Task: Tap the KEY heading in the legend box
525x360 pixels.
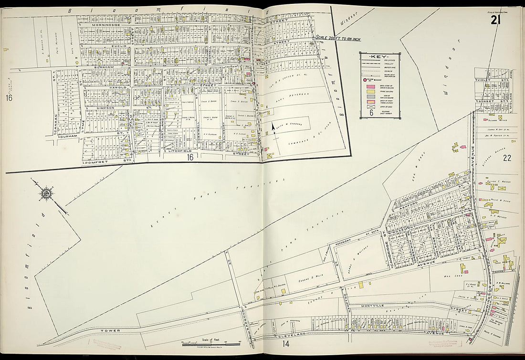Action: point(380,56)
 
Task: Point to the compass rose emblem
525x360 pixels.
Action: point(47,194)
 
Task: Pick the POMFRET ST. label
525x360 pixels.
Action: point(107,162)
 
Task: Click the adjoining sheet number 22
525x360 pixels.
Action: point(506,159)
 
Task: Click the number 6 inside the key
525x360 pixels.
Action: point(371,113)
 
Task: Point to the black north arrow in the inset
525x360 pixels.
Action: point(273,127)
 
